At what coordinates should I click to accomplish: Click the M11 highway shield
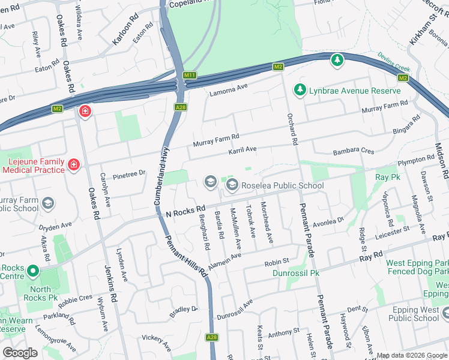[190, 75]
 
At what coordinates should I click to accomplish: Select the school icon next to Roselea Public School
[232, 186]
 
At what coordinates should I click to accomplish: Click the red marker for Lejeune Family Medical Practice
[73, 164]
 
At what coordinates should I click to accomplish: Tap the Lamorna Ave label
[228, 90]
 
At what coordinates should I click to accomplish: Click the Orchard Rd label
[292, 129]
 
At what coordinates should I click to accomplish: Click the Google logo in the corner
[20, 352]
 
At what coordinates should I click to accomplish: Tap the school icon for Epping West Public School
[445, 314]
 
